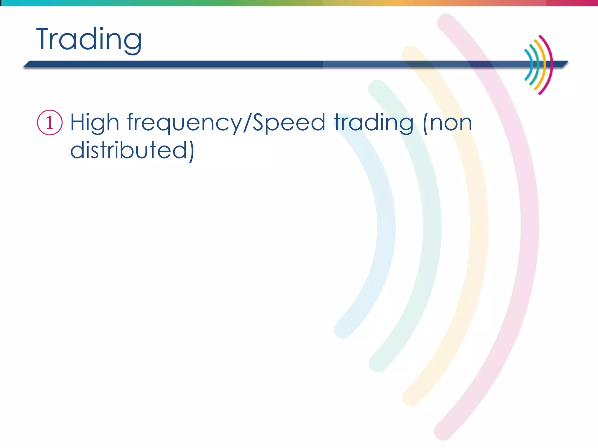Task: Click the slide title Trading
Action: tap(89, 39)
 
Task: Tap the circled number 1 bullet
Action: tap(50, 123)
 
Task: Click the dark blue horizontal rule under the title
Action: tap(175, 64)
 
